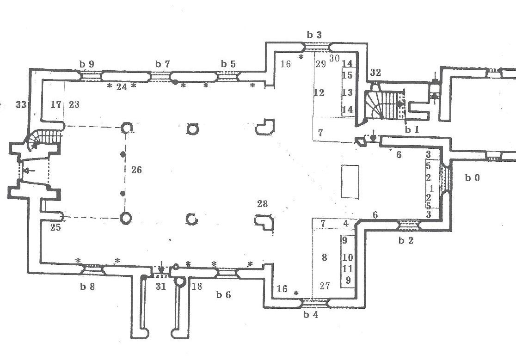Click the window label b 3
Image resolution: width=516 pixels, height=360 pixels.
point(314,35)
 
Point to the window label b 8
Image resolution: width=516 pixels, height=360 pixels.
point(87,287)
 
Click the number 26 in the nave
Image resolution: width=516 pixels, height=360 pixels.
point(136,170)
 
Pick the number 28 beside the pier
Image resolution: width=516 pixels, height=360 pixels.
point(262,204)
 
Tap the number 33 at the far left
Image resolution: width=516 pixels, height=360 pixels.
point(21,105)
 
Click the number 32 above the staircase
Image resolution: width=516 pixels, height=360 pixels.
point(375,73)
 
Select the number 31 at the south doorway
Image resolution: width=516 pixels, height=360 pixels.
point(160,287)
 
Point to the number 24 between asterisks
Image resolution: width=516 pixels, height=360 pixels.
point(122,86)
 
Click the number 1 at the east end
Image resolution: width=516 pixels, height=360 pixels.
point(431,189)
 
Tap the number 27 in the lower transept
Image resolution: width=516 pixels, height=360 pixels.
point(325,286)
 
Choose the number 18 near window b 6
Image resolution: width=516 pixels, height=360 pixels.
point(197,287)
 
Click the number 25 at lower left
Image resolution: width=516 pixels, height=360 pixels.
point(55,227)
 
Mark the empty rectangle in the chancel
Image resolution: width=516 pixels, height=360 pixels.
point(350,182)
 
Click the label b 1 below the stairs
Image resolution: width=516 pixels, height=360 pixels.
point(412,130)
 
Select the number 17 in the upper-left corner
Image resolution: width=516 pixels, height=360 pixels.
point(56,105)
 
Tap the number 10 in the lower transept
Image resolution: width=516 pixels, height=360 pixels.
point(348,257)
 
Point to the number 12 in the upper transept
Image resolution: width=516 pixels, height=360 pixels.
point(319,93)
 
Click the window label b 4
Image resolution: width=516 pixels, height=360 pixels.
point(311,315)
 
